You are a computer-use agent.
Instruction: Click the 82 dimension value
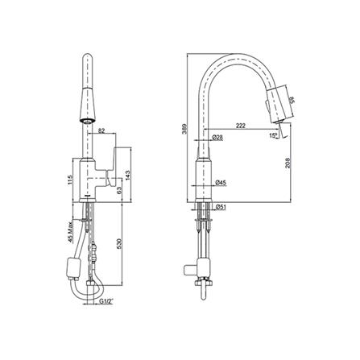[101, 130]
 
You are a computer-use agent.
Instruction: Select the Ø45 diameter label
[221, 184]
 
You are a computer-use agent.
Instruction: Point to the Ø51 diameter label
[221, 206]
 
